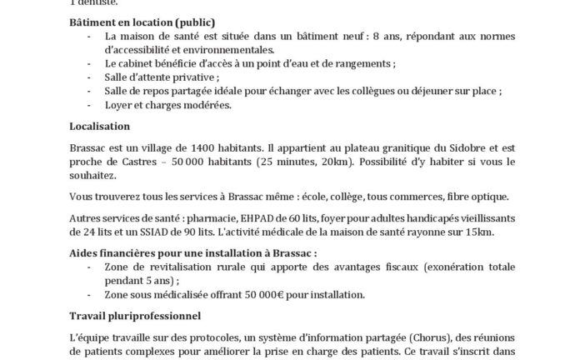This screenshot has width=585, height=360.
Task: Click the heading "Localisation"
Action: (x=100, y=126)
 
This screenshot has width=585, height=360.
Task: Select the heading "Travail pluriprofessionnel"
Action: (x=135, y=317)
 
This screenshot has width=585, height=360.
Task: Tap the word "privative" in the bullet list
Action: (x=171, y=76)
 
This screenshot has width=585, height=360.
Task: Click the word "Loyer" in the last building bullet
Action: (x=120, y=105)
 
